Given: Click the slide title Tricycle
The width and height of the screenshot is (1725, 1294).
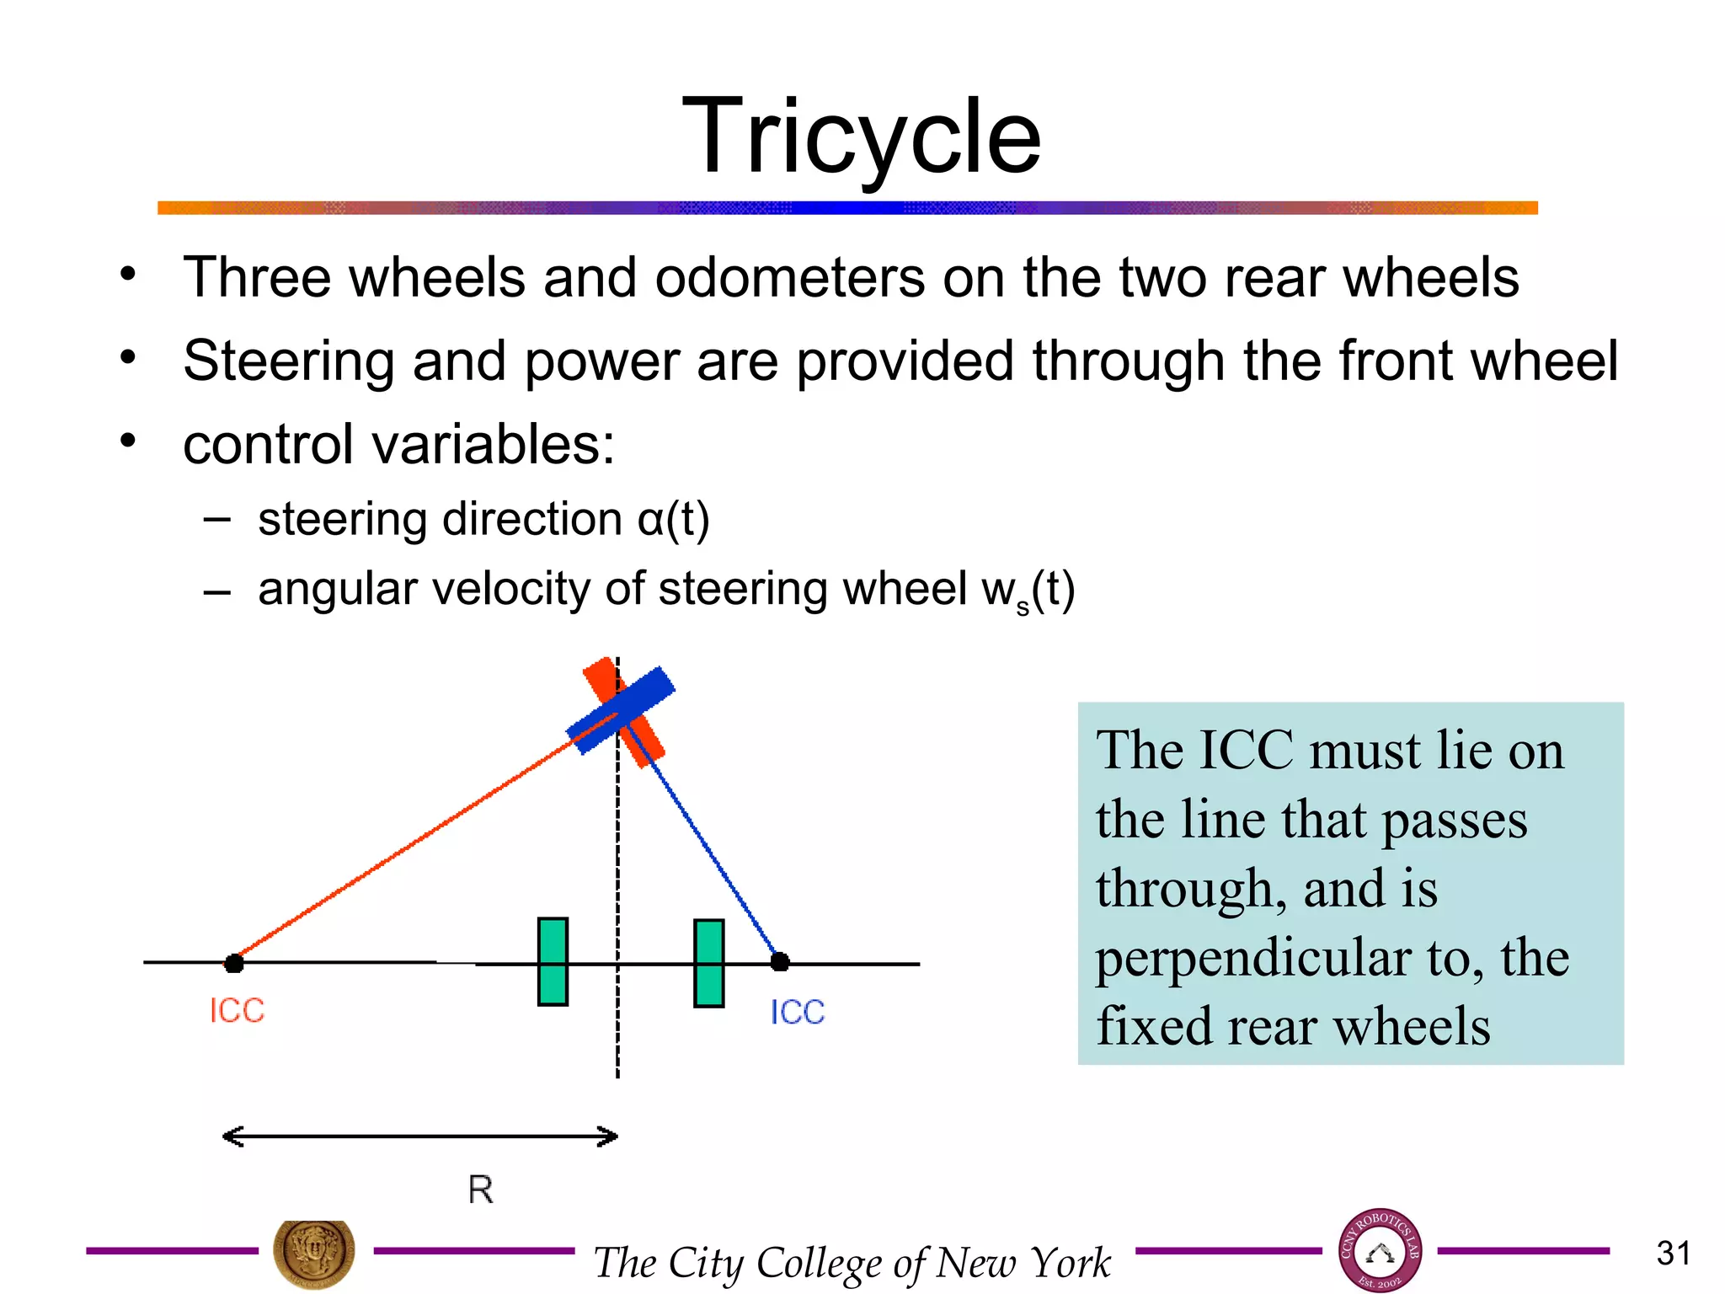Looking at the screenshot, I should click(x=861, y=136).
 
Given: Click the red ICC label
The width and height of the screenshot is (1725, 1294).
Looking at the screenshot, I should click(x=237, y=1010).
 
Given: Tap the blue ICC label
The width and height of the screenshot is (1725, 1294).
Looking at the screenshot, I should click(x=797, y=1012).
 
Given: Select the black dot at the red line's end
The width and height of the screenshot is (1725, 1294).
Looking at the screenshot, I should click(x=234, y=963).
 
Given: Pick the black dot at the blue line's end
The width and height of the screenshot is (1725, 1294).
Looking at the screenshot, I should click(x=780, y=961).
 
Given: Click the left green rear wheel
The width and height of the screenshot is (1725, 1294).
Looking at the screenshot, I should click(x=553, y=961).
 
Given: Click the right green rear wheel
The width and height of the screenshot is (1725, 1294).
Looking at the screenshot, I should click(x=708, y=963).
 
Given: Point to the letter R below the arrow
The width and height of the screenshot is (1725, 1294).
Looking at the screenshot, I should click(x=480, y=1190).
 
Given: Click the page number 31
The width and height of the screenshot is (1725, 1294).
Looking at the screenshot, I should click(x=1673, y=1253).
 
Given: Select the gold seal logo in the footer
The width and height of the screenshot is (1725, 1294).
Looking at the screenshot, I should click(x=313, y=1252).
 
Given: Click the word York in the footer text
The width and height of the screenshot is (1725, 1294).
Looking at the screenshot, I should click(x=1071, y=1261).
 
